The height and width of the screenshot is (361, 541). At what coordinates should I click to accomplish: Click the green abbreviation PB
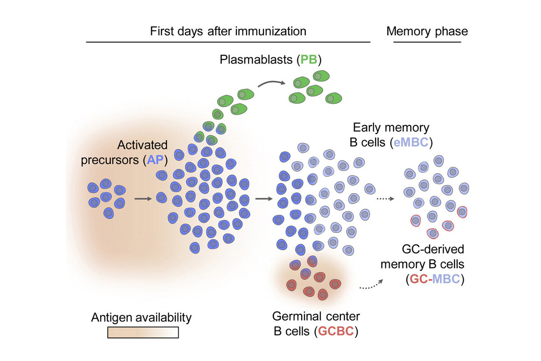click(309, 60)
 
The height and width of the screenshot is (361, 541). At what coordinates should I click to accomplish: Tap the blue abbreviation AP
click(155, 160)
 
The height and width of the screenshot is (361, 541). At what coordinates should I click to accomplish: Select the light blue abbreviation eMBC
click(411, 142)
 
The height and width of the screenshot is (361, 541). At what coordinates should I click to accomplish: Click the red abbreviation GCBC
click(336, 331)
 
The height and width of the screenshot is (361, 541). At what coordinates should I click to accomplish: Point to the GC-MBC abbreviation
click(435, 279)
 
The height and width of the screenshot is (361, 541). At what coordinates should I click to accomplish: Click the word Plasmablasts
click(256, 60)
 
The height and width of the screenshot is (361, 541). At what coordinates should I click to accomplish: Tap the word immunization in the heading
click(271, 31)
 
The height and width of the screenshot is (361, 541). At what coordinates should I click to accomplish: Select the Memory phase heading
click(427, 31)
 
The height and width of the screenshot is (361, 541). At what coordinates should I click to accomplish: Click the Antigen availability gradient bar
click(143, 333)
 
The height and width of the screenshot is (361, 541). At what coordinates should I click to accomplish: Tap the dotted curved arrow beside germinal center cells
click(371, 285)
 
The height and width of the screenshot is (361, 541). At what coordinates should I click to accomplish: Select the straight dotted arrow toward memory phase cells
click(385, 199)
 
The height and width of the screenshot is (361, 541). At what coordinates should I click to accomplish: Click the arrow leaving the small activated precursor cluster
click(143, 199)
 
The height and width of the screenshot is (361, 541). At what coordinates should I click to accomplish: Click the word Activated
click(142, 145)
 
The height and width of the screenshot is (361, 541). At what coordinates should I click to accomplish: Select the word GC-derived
click(433, 249)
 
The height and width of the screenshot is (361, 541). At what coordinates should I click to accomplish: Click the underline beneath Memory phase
click(427, 42)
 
